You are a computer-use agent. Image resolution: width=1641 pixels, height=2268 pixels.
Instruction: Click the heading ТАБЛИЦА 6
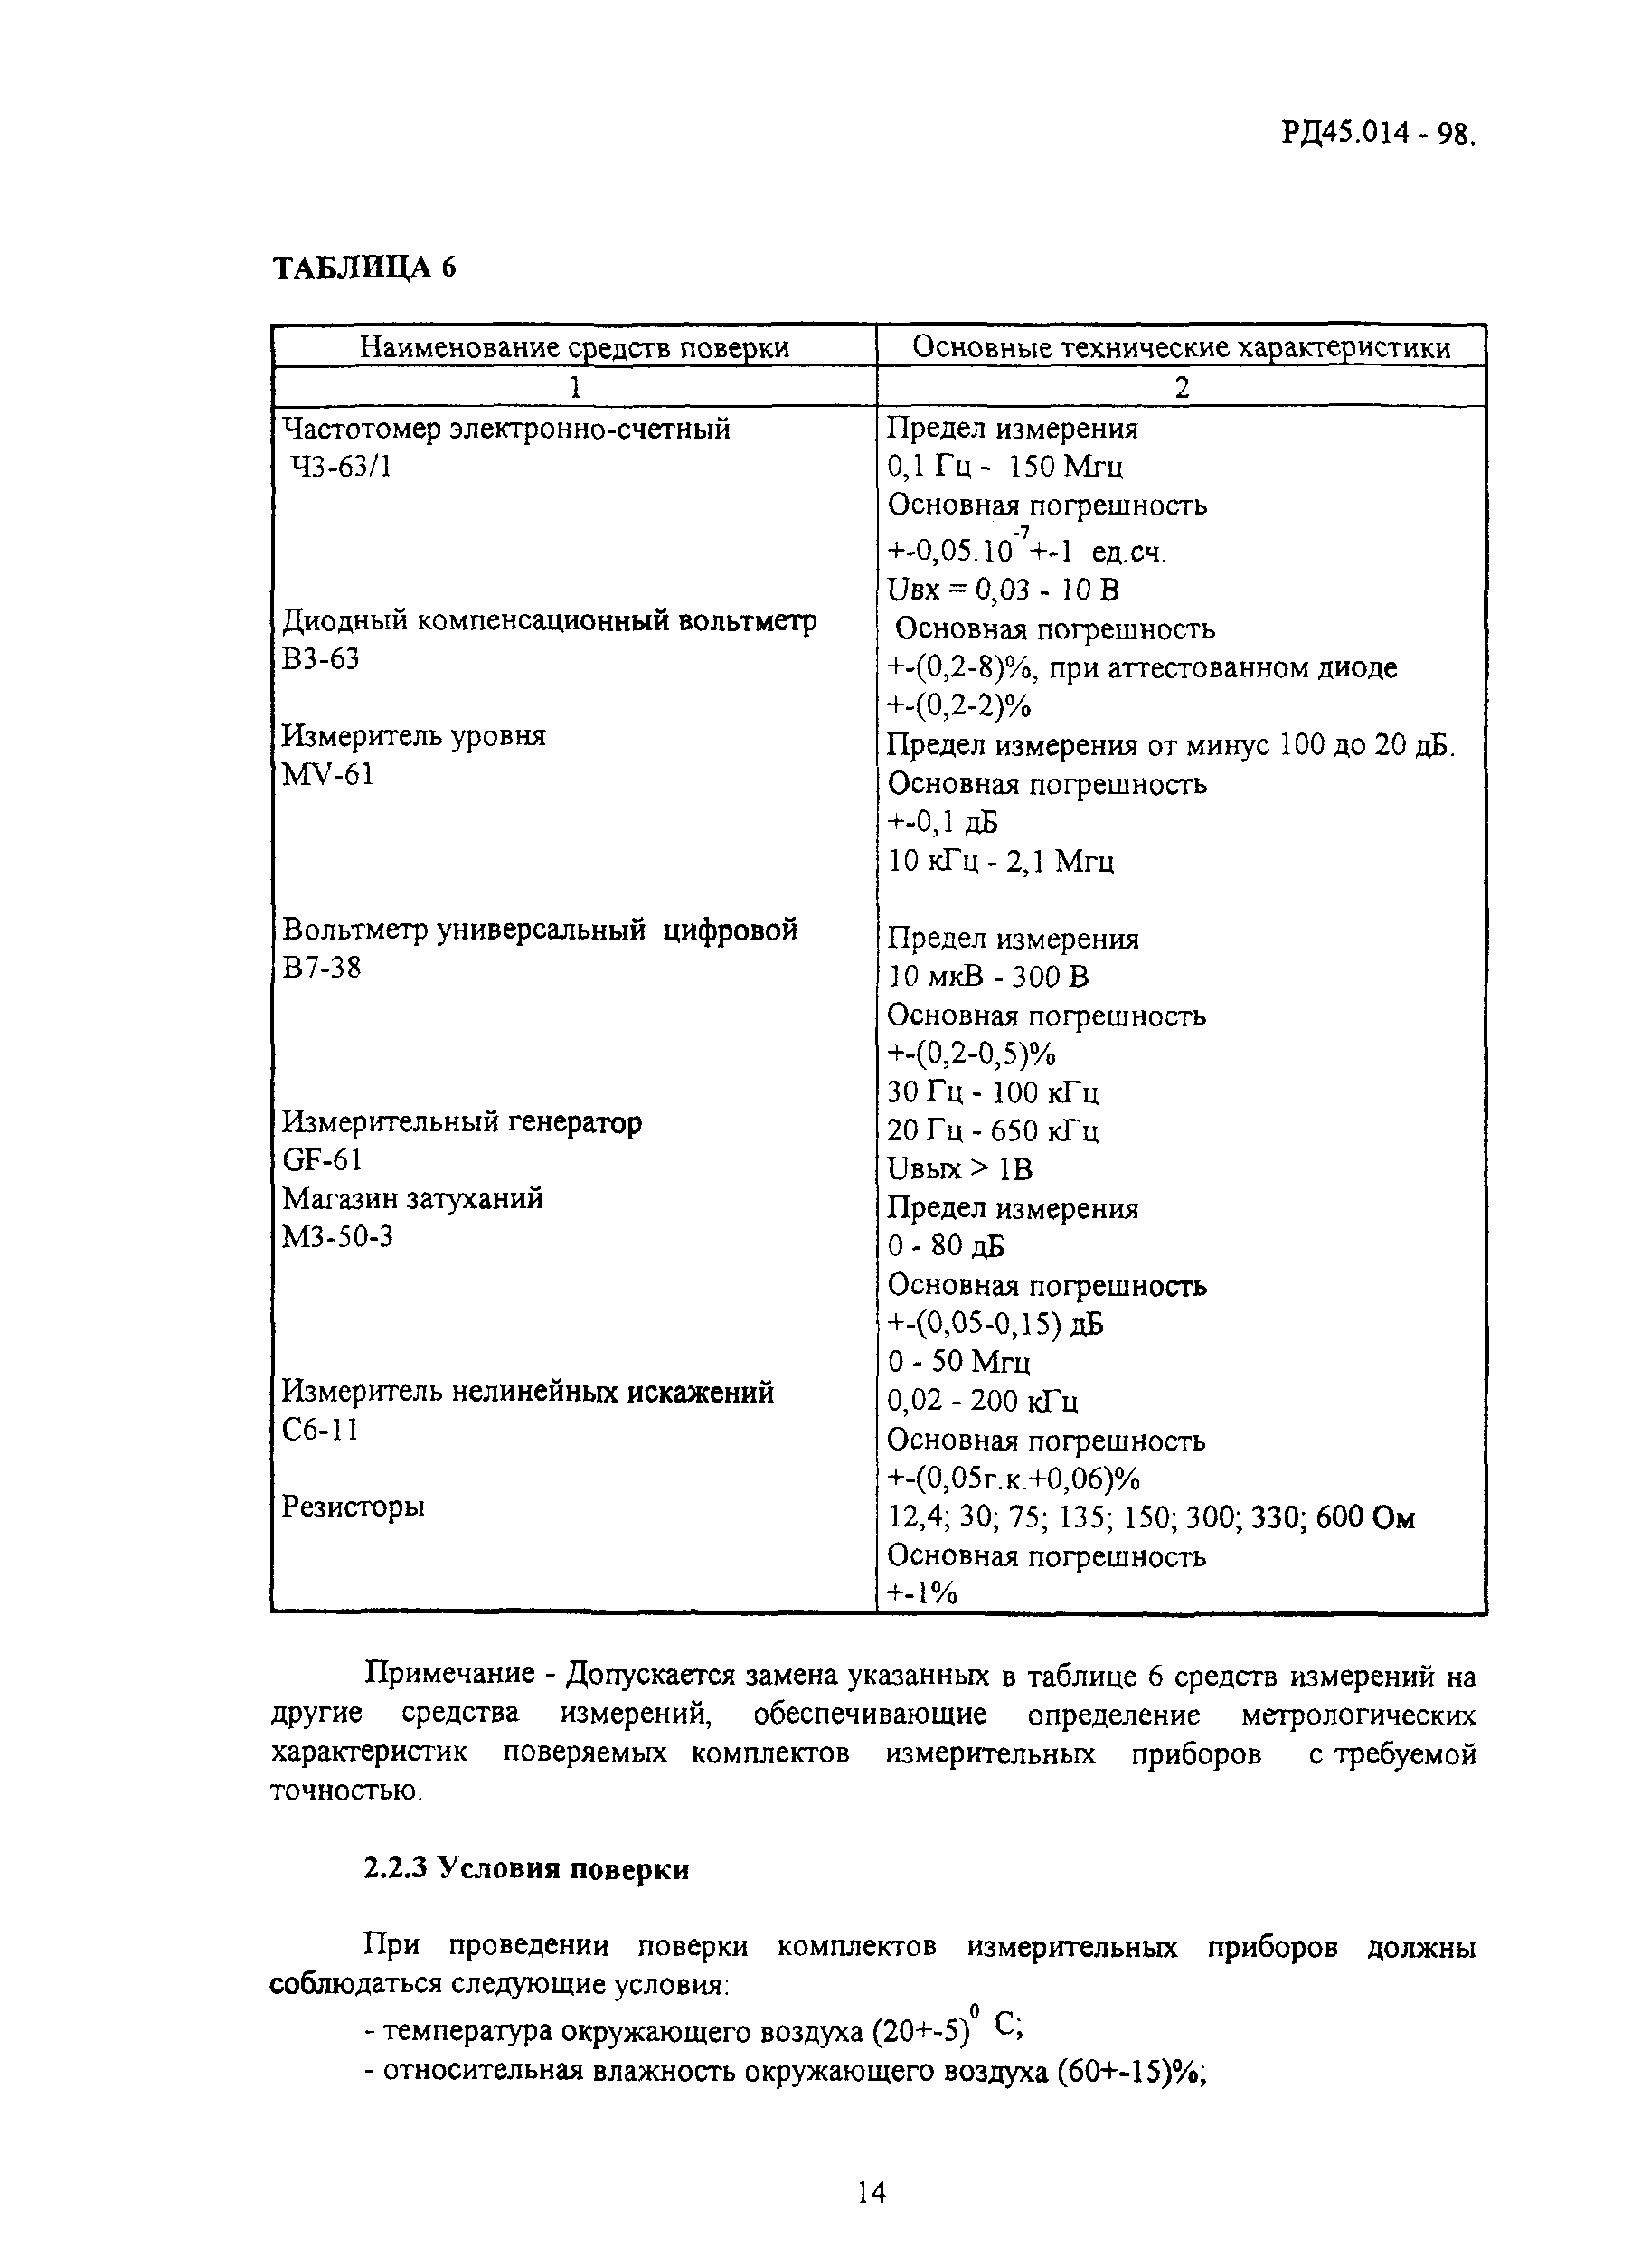click(364, 268)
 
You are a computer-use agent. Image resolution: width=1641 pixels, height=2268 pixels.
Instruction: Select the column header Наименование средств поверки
click(574, 347)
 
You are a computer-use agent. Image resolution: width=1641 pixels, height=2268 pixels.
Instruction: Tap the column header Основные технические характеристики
click(1181, 347)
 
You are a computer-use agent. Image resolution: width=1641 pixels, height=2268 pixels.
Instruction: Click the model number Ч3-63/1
click(340, 466)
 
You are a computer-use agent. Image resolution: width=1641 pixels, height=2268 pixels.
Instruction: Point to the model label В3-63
click(320, 659)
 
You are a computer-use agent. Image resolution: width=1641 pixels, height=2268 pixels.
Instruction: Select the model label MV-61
click(327, 774)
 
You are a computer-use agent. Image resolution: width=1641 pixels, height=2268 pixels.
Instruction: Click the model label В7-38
click(321, 967)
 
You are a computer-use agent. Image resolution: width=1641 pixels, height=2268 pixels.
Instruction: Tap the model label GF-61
click(322, 1159)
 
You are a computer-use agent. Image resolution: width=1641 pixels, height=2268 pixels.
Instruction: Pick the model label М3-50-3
click(337, 1237)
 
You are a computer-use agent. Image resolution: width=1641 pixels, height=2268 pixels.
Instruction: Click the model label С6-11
click(320, 1430)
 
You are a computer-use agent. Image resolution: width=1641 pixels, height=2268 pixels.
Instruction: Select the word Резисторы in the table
click(353, 1506)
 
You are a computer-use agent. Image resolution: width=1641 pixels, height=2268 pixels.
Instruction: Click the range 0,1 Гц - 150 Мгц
click(1005, 467)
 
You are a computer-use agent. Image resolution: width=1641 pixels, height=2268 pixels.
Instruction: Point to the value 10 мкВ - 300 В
click(988, 976)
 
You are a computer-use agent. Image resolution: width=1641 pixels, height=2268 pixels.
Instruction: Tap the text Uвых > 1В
click(960, 1168)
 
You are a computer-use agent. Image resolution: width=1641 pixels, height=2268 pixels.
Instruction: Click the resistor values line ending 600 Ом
click(1150, 1517)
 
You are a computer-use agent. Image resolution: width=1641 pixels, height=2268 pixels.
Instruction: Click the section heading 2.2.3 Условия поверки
click(526, 1869)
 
